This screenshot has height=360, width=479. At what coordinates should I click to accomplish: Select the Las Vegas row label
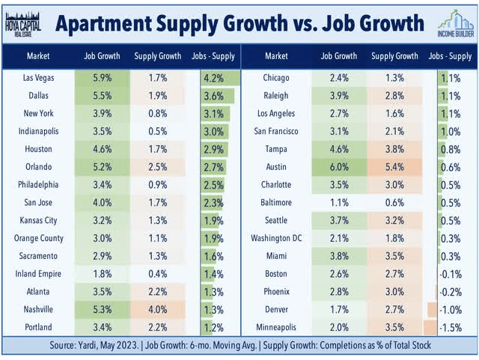click(x=38, y=77)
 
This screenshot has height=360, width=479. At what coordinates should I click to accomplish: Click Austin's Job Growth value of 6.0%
click(x=338, y=166)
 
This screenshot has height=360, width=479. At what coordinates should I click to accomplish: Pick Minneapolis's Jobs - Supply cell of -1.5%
click(x=451, y=327)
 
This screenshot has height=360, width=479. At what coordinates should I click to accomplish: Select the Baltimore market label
click(x=276, y=202)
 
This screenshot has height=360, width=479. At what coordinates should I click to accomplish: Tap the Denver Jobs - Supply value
click(x=451, y=309)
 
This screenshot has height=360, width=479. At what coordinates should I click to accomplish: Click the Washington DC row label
click(x=276, y=238)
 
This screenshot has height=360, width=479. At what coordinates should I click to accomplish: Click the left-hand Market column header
click(x=38, y=55)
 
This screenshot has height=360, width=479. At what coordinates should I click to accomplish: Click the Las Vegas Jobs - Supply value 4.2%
click(x=215, y=77)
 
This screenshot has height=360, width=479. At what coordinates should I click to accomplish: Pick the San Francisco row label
click(x=276, y=131)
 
